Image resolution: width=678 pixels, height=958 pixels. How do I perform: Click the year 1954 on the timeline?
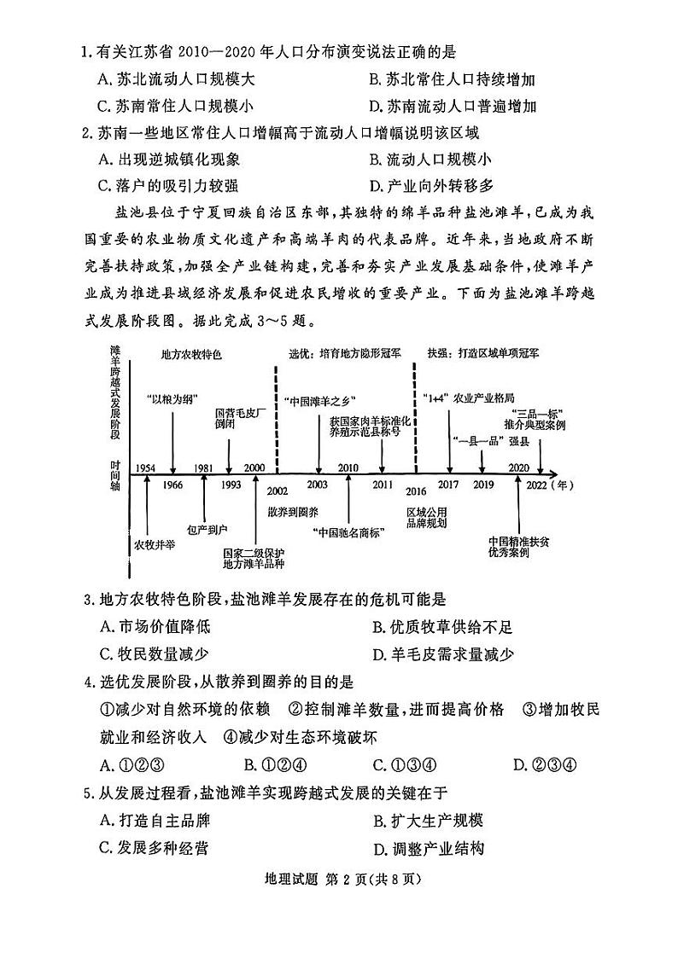point(144,467)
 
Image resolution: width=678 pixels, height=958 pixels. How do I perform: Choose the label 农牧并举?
point(149,543)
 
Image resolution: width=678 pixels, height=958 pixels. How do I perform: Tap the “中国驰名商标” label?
point(348,532)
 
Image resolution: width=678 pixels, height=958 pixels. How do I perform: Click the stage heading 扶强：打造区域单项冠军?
point(487,352)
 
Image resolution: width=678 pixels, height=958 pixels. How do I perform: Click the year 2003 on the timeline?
point(317,484)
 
